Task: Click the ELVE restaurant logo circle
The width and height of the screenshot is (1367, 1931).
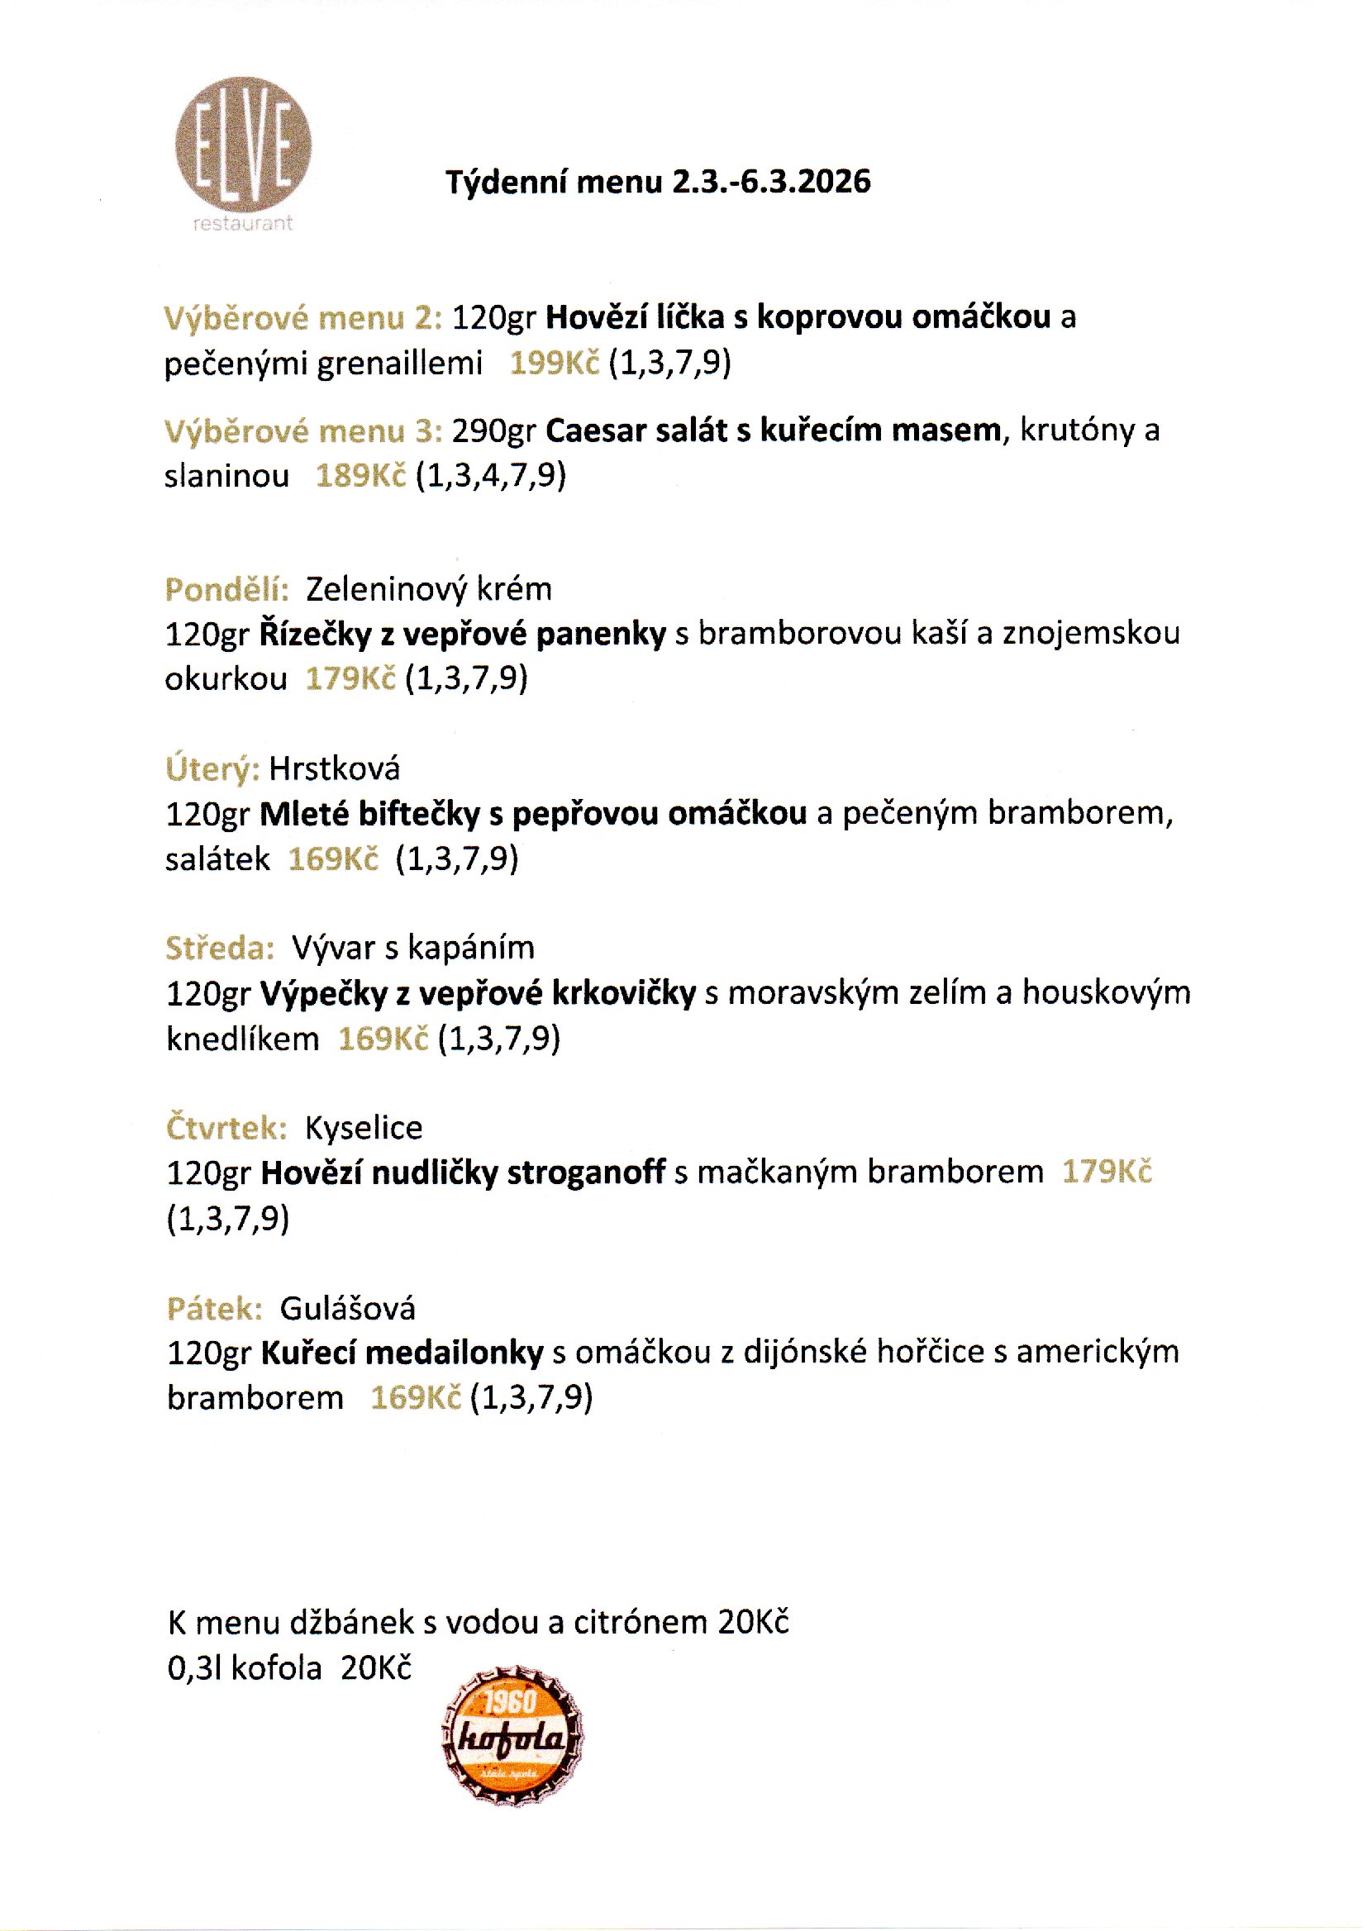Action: click(x=243, y=145)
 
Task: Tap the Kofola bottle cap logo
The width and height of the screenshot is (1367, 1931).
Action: click(x=512, y=1735)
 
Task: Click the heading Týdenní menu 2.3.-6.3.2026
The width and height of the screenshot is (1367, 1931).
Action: click(x=657, y=182)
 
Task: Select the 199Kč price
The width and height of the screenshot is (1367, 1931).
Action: click(x=554, y=363)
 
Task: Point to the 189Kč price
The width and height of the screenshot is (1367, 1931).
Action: click(x=360, y=476)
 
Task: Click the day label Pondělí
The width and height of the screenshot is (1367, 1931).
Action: click(x=226, y=589)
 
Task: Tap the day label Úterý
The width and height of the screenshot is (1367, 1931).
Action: click(x=212, y=768)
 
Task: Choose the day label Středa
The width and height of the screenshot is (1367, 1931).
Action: click(x=220, y=949)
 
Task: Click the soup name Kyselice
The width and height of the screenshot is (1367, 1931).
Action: click(x=363, y=1128)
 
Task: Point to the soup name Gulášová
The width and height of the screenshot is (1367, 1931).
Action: click(x=347, y=1308)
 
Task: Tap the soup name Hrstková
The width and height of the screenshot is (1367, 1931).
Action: click(x=334, y=768)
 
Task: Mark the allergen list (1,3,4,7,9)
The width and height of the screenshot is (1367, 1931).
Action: click(x=491, y=476)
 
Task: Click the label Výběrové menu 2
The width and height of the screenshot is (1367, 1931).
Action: click(x=302, y=318)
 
